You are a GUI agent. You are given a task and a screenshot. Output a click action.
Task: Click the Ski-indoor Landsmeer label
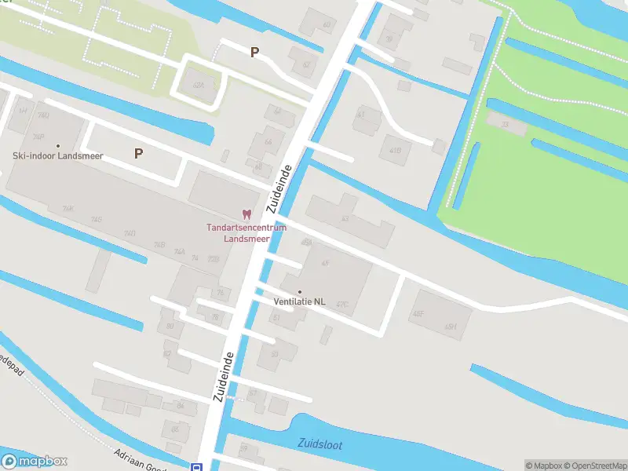tap(58, 155)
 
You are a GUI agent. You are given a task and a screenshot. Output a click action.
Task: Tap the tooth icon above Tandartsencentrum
tap(246, 214)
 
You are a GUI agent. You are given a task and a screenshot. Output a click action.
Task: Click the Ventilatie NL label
tap(299, 301)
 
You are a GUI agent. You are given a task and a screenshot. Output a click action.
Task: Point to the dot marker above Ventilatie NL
tap(299, 291)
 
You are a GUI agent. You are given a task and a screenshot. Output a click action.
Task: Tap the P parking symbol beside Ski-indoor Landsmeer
tap(139, 154)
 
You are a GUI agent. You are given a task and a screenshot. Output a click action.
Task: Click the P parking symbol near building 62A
tap(254, 53)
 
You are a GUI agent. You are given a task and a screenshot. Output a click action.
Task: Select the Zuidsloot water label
tap(320, 444)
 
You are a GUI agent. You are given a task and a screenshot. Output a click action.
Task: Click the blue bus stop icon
tap(196, 467)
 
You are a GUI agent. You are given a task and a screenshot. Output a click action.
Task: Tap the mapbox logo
tap(35, 462)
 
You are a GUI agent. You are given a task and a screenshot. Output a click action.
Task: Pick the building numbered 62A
tap(199, 85)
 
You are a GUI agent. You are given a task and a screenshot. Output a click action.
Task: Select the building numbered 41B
tap(395, 150)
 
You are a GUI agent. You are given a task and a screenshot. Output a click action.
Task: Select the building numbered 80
tap(169, 327)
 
